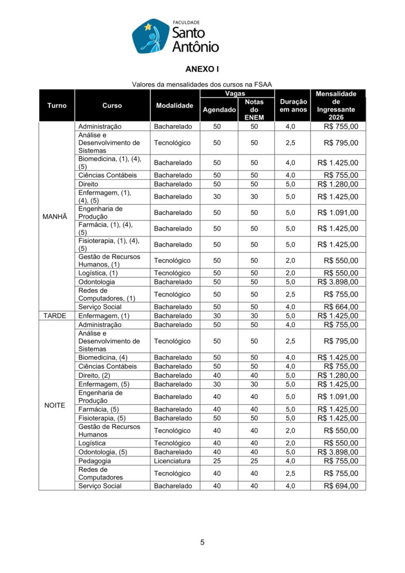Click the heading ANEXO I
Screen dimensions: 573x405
click(202, 69)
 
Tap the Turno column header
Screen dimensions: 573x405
click(56, 106)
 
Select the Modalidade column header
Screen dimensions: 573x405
click(175, 106)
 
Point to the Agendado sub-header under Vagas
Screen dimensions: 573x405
click(219, 110)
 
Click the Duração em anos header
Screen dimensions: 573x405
click(293, 106)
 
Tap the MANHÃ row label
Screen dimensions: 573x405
click(56, 216)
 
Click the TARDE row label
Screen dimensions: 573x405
click(56, 316)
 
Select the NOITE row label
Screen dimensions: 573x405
click(56, 405)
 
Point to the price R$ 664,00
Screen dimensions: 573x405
click(341, 307)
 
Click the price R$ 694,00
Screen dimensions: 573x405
click(341, 486)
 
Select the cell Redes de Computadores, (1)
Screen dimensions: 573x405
click(107, 294)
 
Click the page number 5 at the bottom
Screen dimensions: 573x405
click(202, 542)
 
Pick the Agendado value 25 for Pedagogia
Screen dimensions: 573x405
click(217, 461)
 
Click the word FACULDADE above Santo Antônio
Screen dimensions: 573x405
click(186, 23)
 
